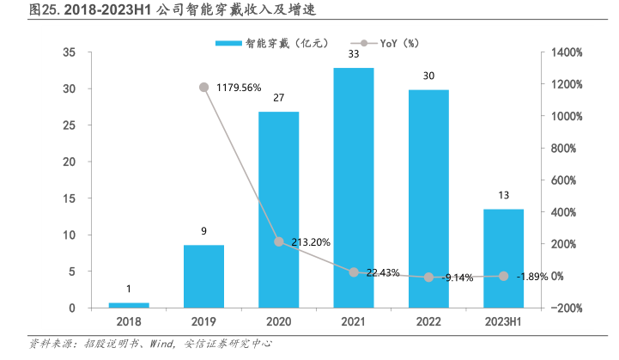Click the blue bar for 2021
[354, 187]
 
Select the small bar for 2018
[129, 304]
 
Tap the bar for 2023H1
[503, 258]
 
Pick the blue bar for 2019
[203, 276]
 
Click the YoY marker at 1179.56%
[203, 87]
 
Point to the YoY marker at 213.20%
[278, 241]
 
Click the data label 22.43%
[381, 272]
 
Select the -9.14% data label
[458, 278]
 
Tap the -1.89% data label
[533, 277]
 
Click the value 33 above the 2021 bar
[354, 54]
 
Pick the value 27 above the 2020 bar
[278, 98]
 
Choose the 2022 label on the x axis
[428, 320]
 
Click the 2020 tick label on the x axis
[278, 320]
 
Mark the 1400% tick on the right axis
[567, 52]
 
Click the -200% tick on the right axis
[567, 308]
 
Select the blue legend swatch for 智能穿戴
[229, 42]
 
